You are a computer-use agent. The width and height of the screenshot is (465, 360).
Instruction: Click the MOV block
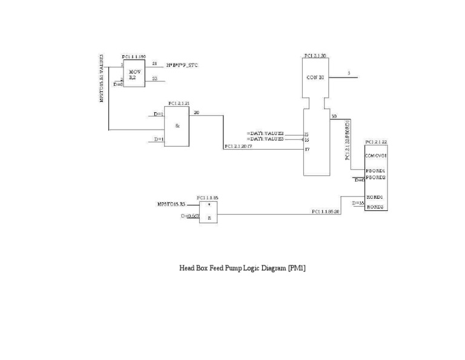(x=134, y=73)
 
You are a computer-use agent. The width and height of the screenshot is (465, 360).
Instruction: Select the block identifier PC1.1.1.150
(x=133, y=56)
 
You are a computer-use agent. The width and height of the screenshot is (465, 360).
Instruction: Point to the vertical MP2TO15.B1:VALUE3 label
(x=102, y=78)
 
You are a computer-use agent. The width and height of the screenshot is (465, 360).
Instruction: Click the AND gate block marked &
(x=177, y=126)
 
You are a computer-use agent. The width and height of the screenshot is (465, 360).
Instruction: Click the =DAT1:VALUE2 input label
(x=265, y=133)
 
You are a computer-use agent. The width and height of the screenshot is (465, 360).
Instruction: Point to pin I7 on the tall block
(x=307, y=148)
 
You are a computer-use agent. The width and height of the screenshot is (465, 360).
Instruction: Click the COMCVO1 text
(x=376, y=156)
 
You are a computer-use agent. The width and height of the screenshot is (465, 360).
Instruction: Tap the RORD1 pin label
(x=375, y=198)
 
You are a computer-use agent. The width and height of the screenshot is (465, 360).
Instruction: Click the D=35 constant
(x=357, y=203)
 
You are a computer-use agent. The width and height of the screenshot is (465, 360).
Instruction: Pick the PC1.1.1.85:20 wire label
(x=326, y=212)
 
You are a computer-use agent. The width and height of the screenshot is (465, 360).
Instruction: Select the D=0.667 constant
(x=190, y=216)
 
